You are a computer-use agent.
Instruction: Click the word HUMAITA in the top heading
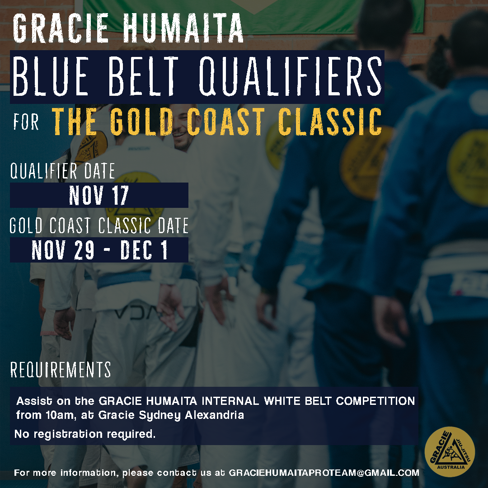coord(183,28)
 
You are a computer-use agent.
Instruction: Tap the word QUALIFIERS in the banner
coord(291,76)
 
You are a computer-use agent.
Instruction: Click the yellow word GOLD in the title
coord(141,122)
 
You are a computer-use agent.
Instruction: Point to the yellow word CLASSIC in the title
coord(330,122)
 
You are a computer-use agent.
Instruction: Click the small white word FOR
coord(26,122)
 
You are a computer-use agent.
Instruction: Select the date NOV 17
coord(99,195)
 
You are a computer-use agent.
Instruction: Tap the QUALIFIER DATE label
coord(62,171)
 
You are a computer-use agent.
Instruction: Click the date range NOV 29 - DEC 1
coord(99,250)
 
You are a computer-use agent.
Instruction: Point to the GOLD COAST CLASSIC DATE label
coord(99,225)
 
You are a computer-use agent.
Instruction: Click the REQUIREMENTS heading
coord(61,370)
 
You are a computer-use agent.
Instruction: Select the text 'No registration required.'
coord(85,434)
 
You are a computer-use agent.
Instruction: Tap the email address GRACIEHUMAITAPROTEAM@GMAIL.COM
coord(324,473)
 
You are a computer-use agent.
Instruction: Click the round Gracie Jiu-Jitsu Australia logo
coord(450,451)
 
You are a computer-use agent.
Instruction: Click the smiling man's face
coord(182,127)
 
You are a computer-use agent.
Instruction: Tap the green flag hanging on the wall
coord(253,15)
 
